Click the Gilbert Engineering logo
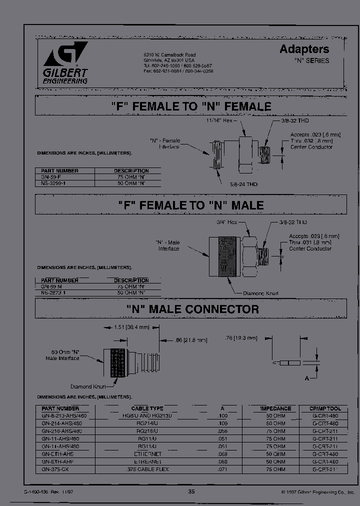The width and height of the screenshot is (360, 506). [x=65, y=63]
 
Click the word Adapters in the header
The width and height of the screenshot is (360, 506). [x=304, y=49]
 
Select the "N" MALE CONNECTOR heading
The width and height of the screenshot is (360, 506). [x=192, y=309]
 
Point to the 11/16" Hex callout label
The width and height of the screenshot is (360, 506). [x=220, y=121]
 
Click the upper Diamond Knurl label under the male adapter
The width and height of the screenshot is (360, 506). [x=260, y=293]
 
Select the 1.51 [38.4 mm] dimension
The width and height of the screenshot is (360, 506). [x=132, y=327]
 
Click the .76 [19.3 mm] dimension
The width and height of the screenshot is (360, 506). [x=241, y=338]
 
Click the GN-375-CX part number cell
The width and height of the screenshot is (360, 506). [x=55, y=469]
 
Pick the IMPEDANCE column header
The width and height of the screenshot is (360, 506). [x=275, y=408]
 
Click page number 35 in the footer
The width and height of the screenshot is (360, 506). [x=191, y=492]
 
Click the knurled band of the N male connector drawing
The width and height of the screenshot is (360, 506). [x=118, y=362]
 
